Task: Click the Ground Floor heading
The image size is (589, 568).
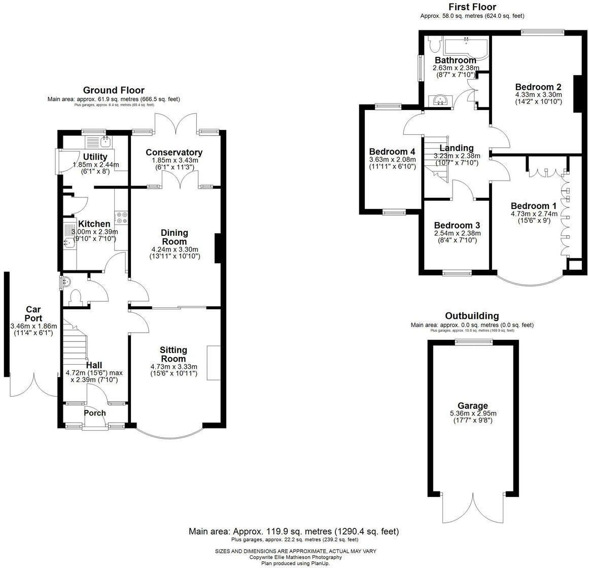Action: (x=114, y=90)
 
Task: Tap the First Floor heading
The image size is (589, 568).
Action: (x=472, y=7)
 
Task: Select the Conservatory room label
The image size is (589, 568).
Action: (x=174, y=152)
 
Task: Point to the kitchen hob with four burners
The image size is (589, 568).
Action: (x=122, y=218)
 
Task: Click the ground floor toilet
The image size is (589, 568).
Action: (x=76, y=297)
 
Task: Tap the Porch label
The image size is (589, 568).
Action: (x=95, y=413)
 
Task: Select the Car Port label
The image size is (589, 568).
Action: (x=33, y=314)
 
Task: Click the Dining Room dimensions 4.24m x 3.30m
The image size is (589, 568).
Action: (x=175, y=250)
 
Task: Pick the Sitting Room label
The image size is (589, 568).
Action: (x=174, y=354)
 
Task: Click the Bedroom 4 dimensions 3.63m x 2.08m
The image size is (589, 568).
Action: (x=392, y=159)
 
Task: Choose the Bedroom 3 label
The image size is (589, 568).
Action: (x=457, y=225)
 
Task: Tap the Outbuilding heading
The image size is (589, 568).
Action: (x=472, y=316)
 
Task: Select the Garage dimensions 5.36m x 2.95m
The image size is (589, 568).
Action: (x=473, y=413)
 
